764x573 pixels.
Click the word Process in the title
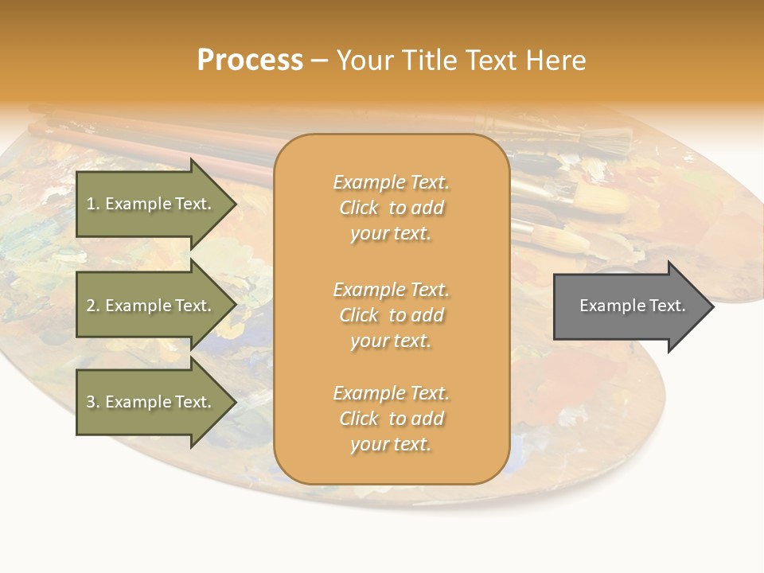250,60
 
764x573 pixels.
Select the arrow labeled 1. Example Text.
151,204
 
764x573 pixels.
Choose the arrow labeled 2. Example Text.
151,306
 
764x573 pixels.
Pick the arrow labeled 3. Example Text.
151,402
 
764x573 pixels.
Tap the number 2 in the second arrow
91,306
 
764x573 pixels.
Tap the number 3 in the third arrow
91,402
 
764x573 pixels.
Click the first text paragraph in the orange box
391,208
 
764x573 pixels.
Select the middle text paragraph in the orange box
391,315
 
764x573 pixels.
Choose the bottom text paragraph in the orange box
391,419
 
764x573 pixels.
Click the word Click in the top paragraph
359,208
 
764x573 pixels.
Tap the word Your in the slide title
365,60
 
